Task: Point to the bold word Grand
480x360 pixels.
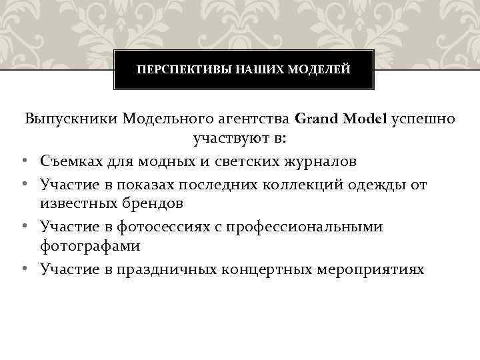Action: pos(316,119)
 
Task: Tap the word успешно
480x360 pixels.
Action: pos(425,119)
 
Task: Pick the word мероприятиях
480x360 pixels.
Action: pos(377,269)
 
